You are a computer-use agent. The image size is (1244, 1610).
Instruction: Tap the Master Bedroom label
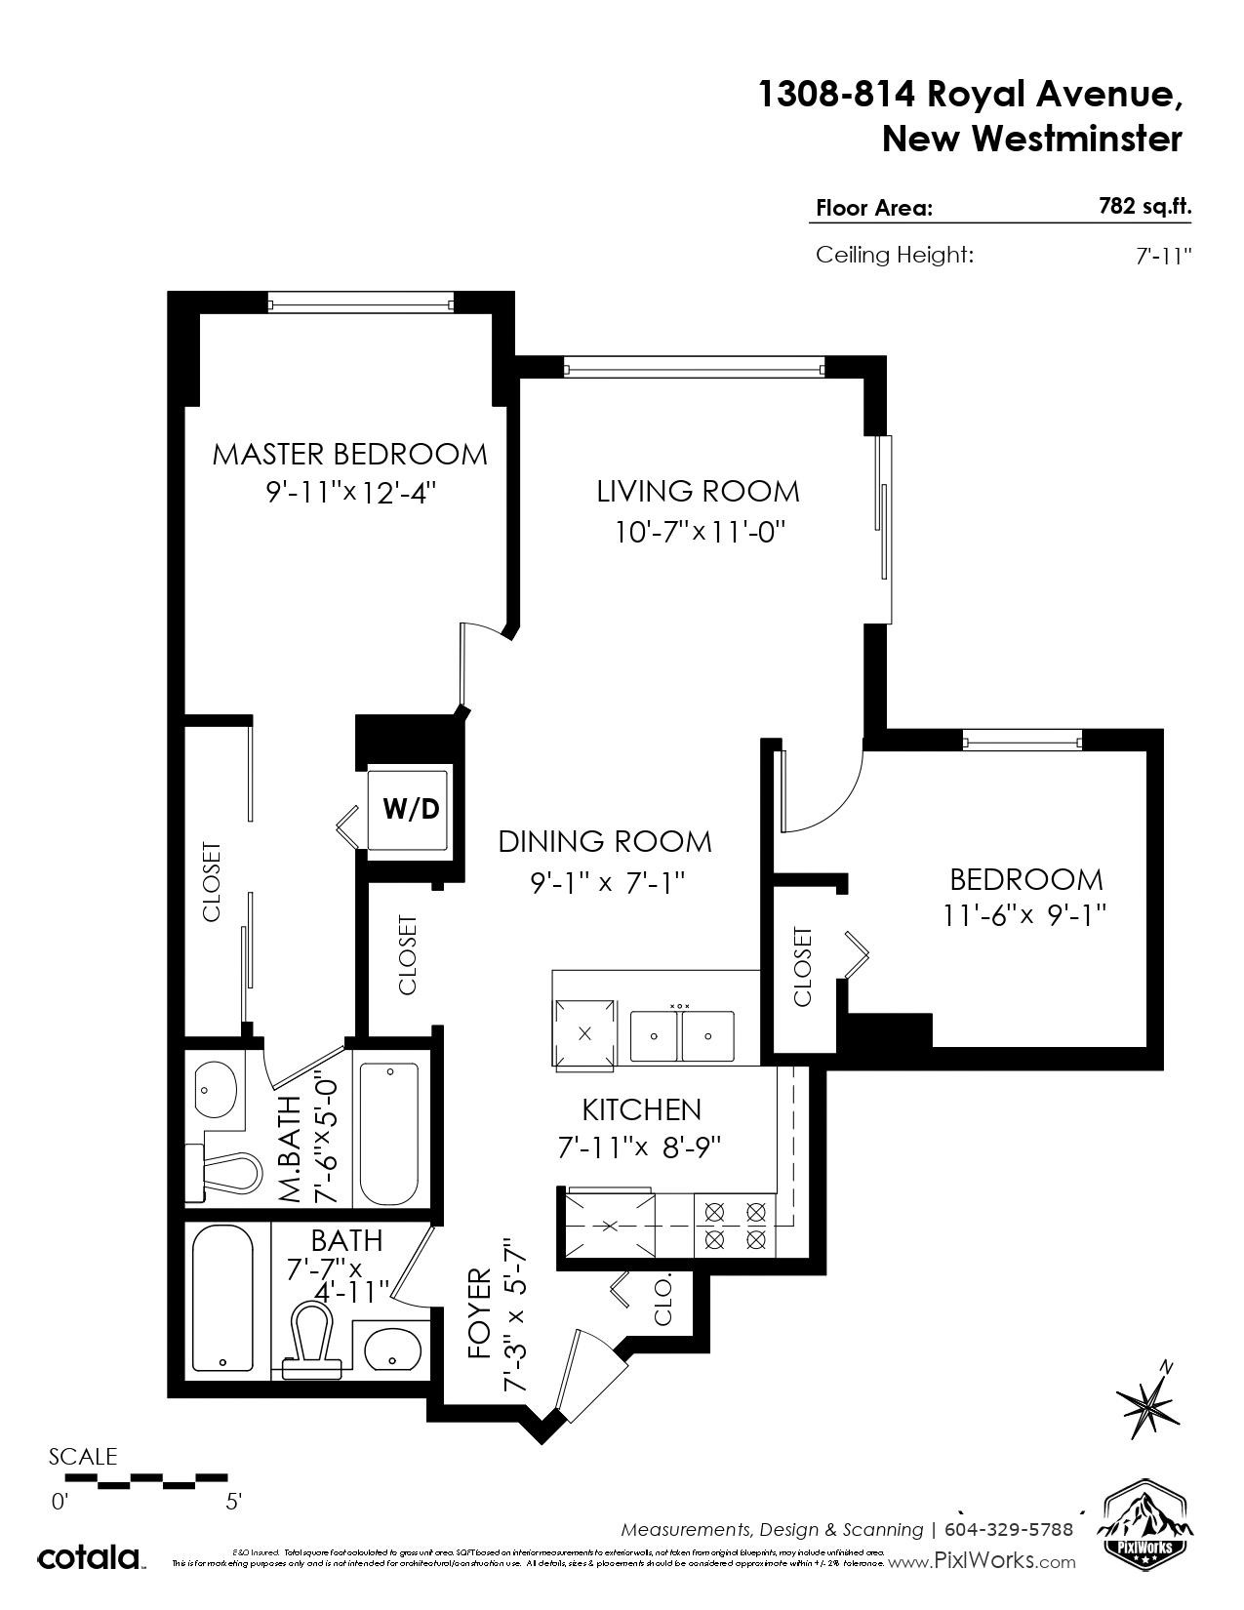(349, 454)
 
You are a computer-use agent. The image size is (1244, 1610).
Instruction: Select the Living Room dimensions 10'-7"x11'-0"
(700, 532)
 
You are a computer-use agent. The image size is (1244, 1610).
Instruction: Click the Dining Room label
(605, 841)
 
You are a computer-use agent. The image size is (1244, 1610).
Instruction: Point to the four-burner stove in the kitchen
(735, 1226)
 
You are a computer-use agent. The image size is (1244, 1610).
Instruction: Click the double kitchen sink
(681, 1035)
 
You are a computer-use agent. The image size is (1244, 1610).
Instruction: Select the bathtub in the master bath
(388, 1134)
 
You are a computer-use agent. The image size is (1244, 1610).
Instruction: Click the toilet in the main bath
(310, 1338)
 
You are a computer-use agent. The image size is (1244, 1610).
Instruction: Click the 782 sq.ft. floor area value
(1144, 206)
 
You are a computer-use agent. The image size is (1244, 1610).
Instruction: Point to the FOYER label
(479, 1314)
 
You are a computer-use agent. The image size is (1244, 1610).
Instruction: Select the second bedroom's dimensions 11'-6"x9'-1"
(1024, 915)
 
